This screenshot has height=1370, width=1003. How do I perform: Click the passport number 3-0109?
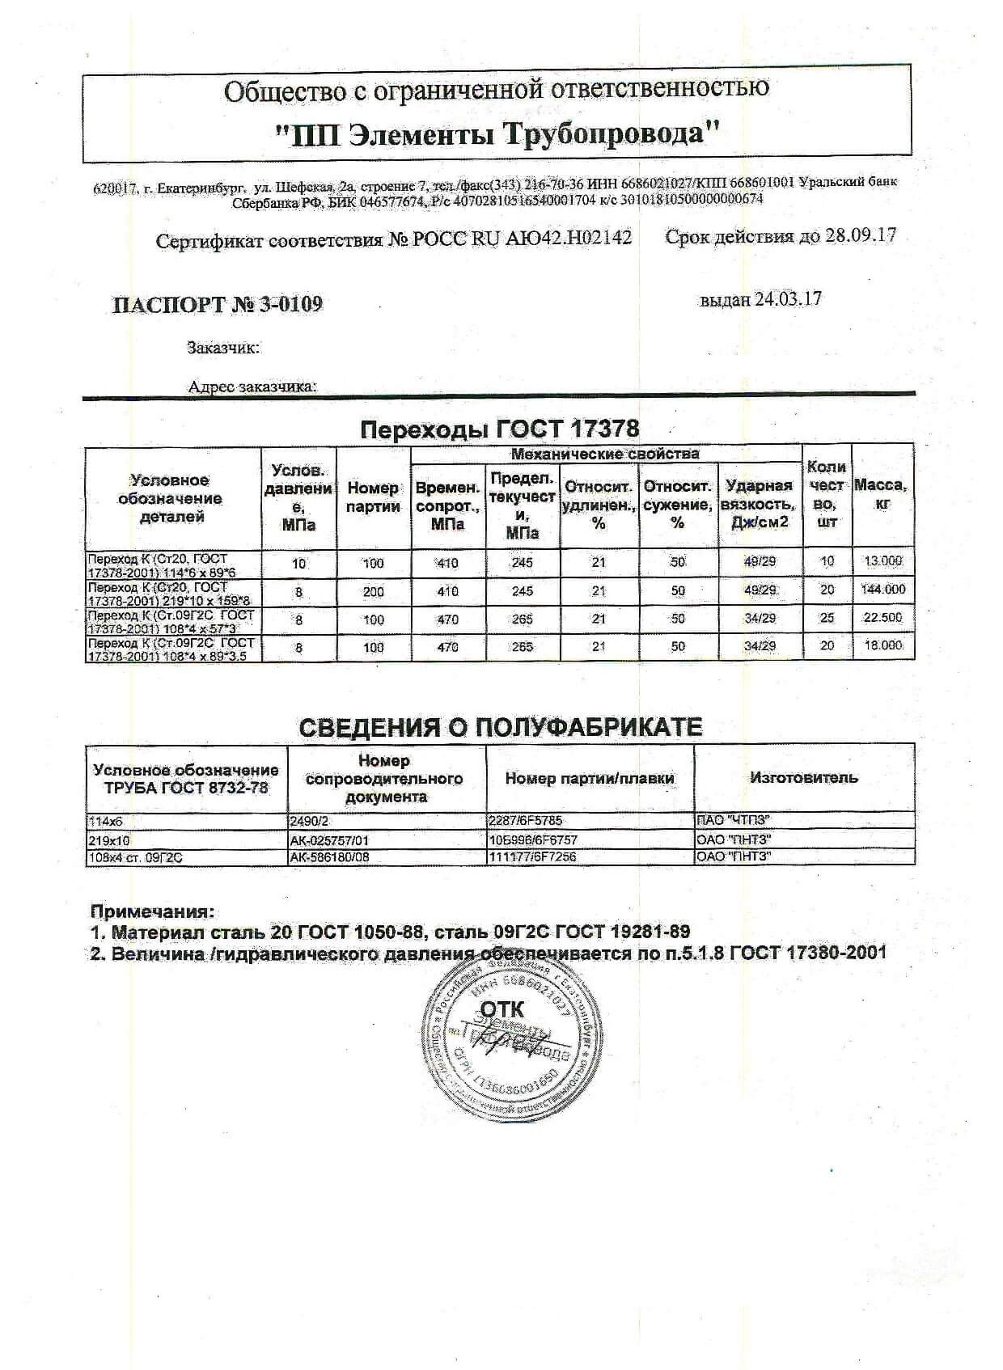point(291,304)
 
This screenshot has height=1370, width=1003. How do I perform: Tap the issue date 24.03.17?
point(788,298)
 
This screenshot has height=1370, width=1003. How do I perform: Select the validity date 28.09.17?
point(861,236)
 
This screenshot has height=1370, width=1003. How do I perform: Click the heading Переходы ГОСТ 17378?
point(499,429)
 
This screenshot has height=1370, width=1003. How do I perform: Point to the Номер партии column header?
point(374,497)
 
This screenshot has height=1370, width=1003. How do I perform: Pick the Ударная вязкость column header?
point(759,504)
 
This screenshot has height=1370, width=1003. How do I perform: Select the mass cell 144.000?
point(882,590)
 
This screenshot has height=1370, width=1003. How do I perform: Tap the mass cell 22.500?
point(882,618)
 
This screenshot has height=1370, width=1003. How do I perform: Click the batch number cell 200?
point(374,592)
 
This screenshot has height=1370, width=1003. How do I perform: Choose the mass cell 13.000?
point(882,561)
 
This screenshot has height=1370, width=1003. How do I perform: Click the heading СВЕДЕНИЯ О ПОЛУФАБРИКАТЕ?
point(501,727)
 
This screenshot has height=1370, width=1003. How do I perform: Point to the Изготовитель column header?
point(803,778)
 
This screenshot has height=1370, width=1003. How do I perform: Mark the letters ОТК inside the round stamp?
point(502,1008)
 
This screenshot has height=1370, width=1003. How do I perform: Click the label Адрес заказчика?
point(252,387)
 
